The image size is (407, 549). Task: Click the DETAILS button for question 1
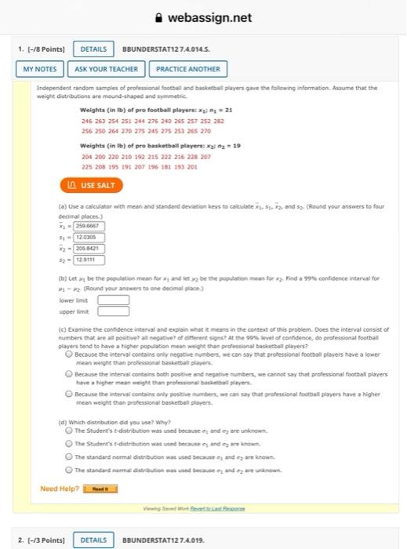pyautogui.click(x=93, y=49)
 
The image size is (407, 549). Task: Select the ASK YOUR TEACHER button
pyautogui.click(x=107, y=69)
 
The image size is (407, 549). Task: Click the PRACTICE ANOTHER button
pyautogui.click(x=188, y=69)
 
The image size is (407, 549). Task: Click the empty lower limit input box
pyautogui.click(x=113, y=299)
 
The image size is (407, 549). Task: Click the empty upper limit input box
pyautogui.click(x=113, y=311)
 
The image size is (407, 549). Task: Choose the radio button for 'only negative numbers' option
pyautogui.click(x=70, y=354)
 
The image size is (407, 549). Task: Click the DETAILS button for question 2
pyautogui.click(x=93, y=540)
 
